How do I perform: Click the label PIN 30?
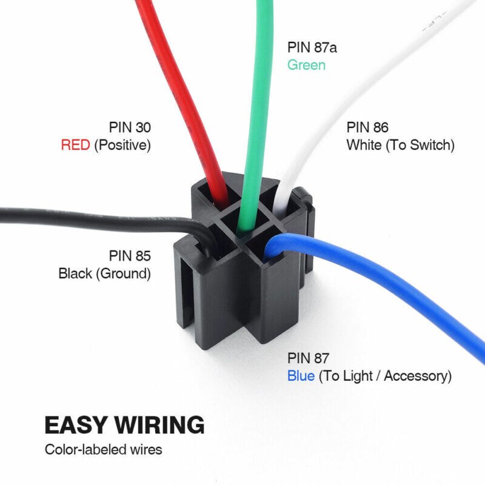130,127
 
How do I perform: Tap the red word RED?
75,145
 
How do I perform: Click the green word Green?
306,65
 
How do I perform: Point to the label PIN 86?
367,127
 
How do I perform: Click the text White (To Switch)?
400,145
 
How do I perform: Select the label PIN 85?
130,255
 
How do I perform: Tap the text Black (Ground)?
104,273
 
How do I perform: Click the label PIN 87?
308,358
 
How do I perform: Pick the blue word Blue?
301,376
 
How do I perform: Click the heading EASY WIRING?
124,424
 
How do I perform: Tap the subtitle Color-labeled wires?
103,450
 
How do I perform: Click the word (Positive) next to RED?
122,145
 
